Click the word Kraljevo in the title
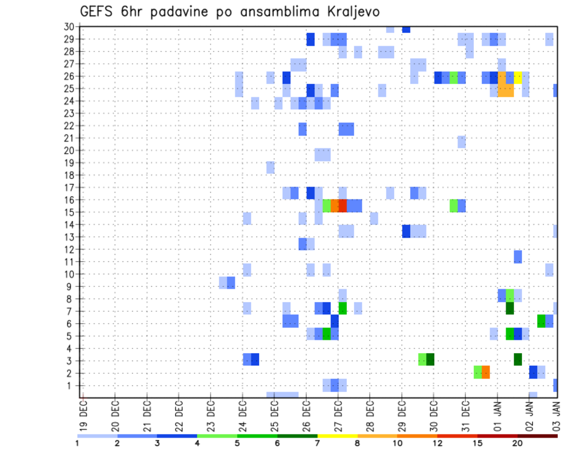346,12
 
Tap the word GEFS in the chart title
98,12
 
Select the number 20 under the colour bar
517,442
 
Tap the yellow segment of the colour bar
337,436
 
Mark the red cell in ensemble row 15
342,205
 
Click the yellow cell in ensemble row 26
518,78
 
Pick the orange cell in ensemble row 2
485,372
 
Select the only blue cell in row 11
518,256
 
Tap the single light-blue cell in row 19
270,167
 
